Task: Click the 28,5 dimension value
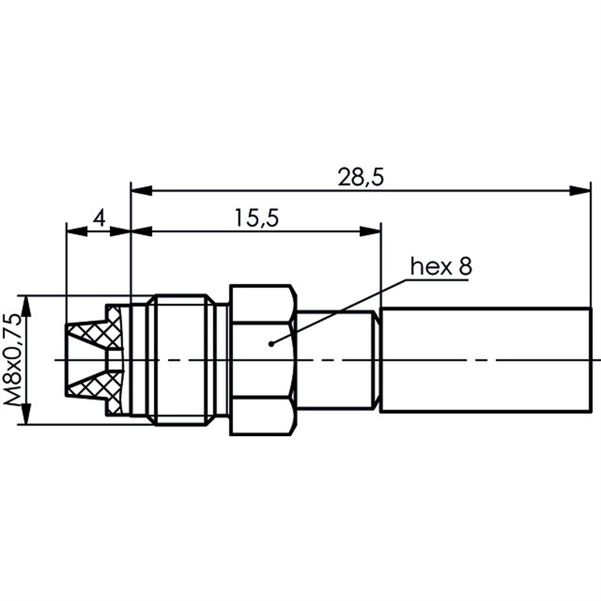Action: (360, 178)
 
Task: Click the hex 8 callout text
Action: (441, 267)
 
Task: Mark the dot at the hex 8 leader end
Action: (271, 344)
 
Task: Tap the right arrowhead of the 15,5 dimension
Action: (371, 230)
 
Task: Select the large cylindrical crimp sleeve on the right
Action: (486, 361)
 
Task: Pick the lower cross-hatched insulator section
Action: (95, 388)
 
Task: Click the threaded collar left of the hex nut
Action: (180, 361)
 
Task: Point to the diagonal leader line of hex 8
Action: (341, 311)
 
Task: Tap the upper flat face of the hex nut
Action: (261, 304)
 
